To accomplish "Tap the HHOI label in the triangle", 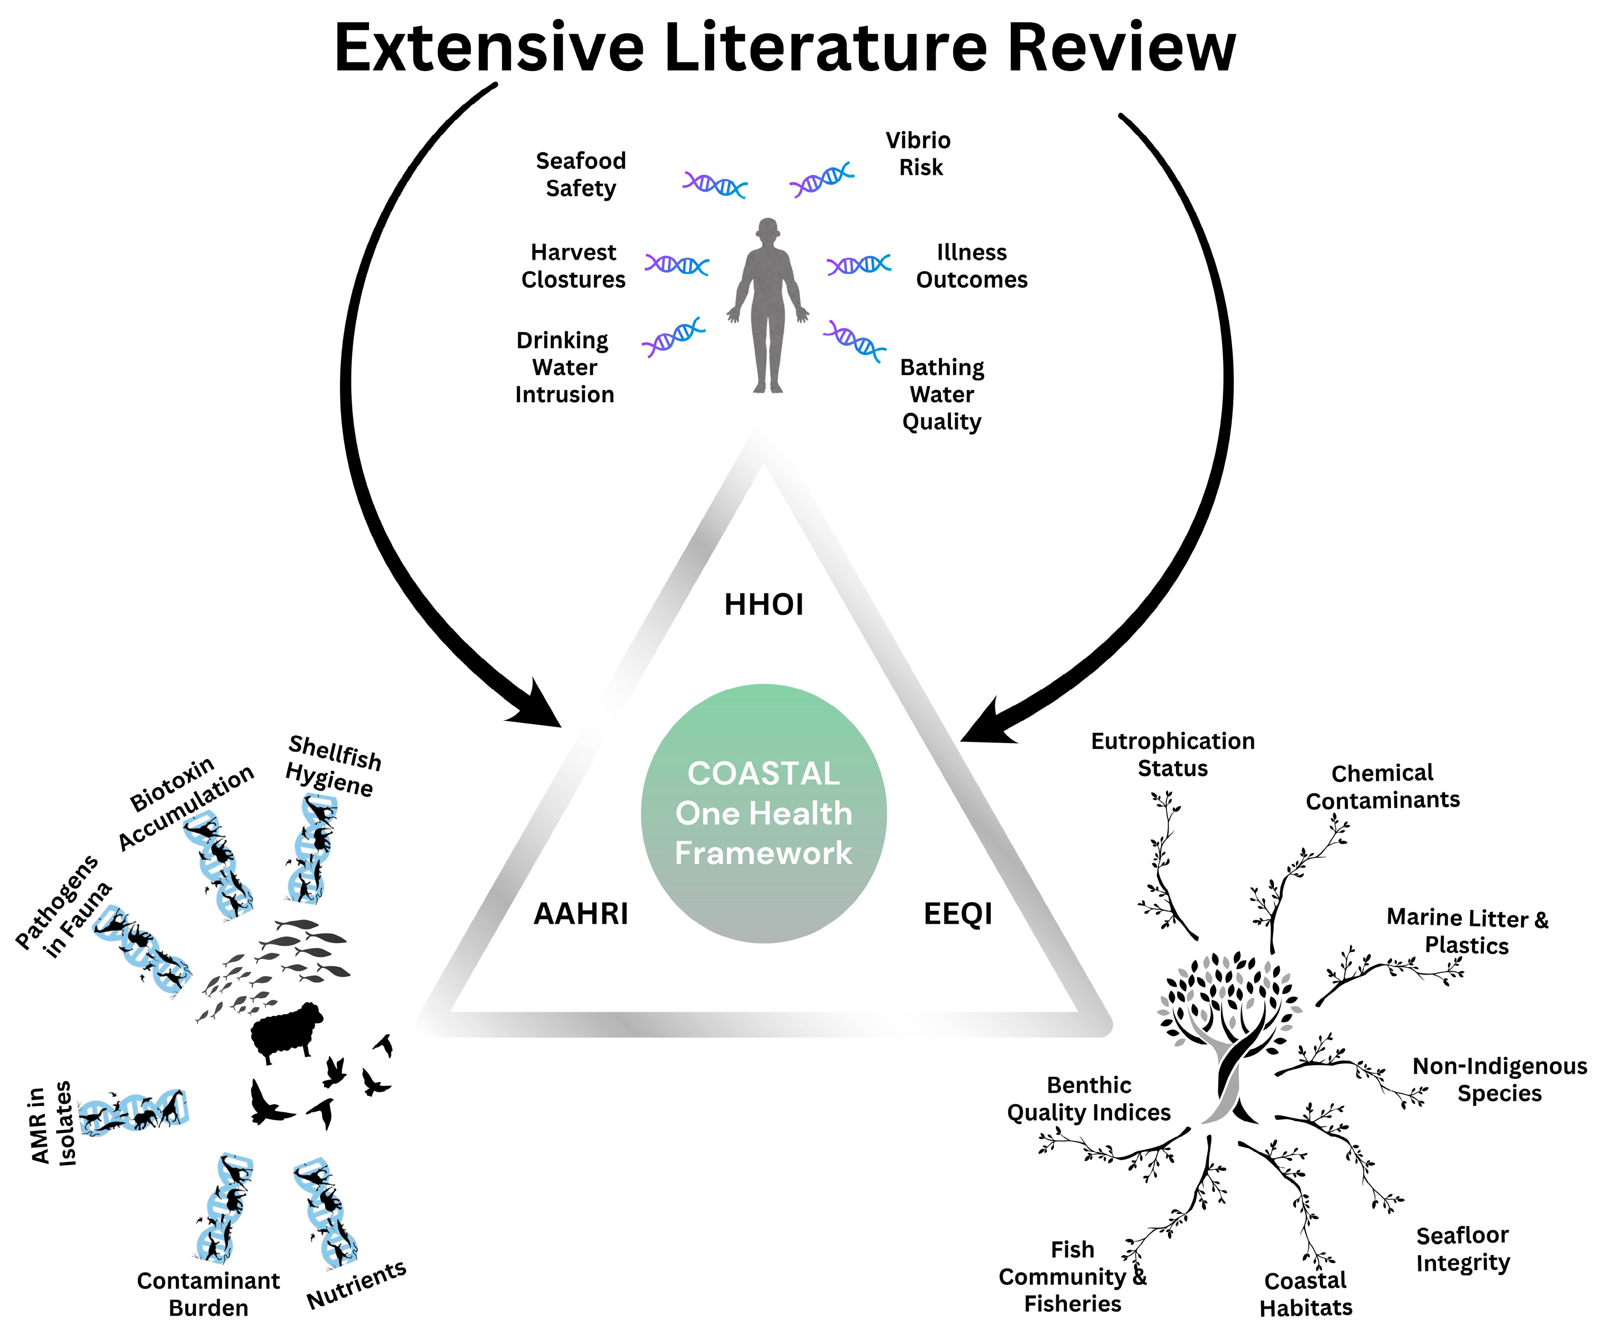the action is point(763,605).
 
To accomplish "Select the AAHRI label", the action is point(580,914).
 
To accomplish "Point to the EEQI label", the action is point(958,914).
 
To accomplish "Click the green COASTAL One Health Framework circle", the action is point(763,814).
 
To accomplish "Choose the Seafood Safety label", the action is point(580,175).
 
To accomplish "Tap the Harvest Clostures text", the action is point(573,266).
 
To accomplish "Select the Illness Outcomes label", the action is point(972,266).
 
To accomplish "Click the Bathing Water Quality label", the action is point(942,395).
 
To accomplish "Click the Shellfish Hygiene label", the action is point(333,766).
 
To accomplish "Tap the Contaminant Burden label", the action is point(208,1294).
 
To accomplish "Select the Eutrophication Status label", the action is point(1172,754).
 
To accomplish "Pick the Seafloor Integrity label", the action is point(1462,1249).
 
